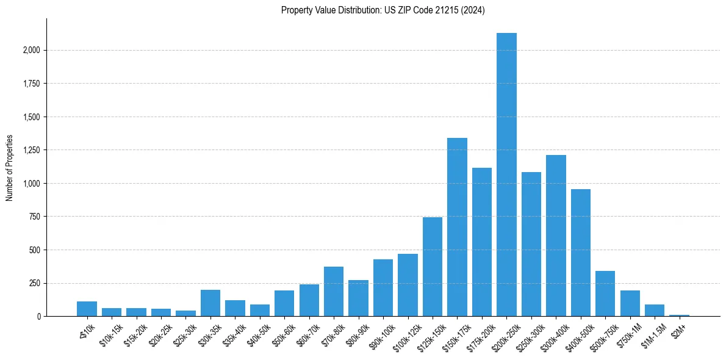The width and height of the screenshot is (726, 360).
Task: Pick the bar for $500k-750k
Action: pyautogui.click(x=605, y=293)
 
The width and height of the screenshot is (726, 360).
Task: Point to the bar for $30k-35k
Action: pyautogui.click(x=210, y=303)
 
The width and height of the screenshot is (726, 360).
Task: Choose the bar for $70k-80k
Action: pyautogui.click(x=334, y=292)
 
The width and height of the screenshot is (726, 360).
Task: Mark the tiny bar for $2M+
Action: pyautogui.click(x=679, y=315)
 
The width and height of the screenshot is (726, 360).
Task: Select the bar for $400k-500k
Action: pyautogui.click(x=581, y=253)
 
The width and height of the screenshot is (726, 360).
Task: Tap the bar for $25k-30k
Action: pyautogui.click(x=185, y=313)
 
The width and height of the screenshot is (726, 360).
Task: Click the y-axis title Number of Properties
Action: pyautogui.click(x=9, y=167)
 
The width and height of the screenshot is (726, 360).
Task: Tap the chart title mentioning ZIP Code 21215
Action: pyautogui.click(x=383, y=10)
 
